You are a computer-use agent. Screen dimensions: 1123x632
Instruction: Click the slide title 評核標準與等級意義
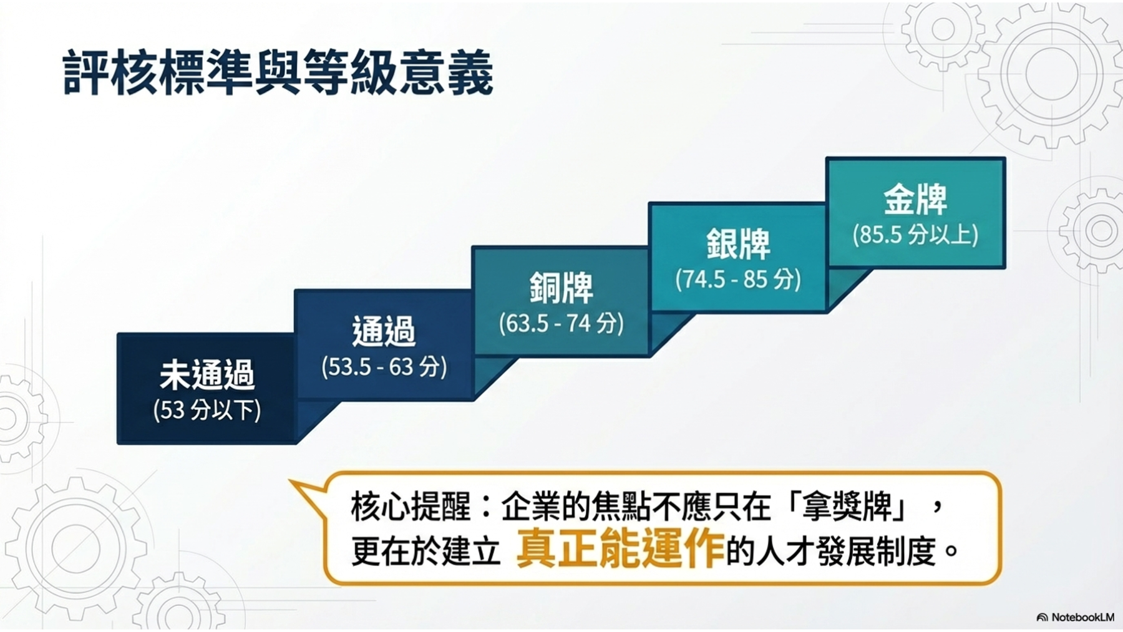[278, 73]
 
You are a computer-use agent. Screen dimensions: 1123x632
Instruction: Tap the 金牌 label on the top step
[915, 200]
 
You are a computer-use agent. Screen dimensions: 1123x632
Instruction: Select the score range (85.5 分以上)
[915, 235]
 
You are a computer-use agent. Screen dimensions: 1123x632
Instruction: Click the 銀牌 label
[738, 244]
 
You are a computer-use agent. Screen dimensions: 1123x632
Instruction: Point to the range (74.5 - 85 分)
[738, 279]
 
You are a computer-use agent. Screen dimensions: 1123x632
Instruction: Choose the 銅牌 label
[561, 288]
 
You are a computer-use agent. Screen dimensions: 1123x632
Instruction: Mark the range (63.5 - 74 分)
[561, 323]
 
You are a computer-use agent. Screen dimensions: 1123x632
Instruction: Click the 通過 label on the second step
[384, 331]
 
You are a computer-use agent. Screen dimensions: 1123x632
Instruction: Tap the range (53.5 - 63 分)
[384, 367]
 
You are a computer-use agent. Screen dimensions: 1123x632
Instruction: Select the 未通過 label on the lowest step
[207, 375]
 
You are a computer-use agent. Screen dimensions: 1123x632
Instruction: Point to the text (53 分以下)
[207, 410]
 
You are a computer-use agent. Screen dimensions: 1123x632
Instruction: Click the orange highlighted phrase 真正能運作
[620, 549]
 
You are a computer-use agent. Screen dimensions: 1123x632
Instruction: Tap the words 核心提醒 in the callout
[411, 506]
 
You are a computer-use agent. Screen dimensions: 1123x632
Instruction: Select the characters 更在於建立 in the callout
[426, 550]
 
